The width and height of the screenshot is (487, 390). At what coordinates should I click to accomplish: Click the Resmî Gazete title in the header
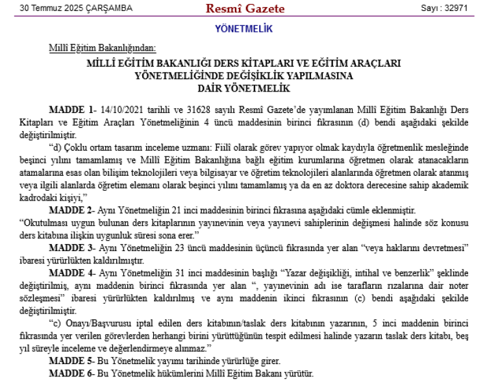pyautogui.click(x=236, y=8)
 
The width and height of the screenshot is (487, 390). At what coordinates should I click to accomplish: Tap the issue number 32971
pyautogui.click(x=455, y=8)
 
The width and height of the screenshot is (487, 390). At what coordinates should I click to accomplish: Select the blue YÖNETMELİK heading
pyautogui.click(x=243, y=29)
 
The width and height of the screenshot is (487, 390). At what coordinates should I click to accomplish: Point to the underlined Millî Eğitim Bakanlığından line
pyautogui.click(x=102, y=48)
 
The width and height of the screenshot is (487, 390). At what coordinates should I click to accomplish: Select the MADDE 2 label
pyautogui.click(x=72, y=210)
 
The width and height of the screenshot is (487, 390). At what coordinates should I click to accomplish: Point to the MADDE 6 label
pyautogui.click(x=72, y=374)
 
